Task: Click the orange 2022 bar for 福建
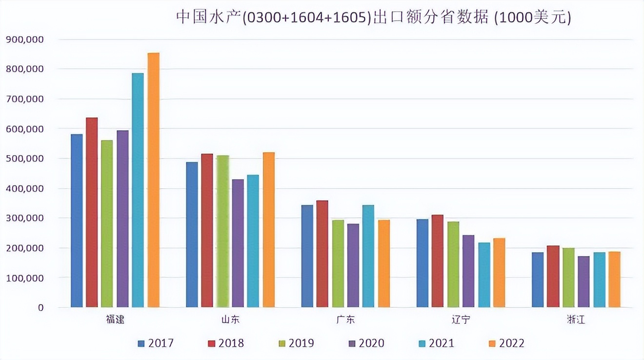click(153, 180)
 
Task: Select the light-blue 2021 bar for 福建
click(138, 190)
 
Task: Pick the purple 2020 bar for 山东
click(238, 243)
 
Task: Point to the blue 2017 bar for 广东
click(307, 256)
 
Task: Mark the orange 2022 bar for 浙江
click(614, 280)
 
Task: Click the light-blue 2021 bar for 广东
click(368, 256)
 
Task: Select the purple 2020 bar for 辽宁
click(468, 271)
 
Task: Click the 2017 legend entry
click(156, 343)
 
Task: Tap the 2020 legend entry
click(366, 343)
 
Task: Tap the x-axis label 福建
click(115, 320)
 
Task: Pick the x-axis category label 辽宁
click(461, 320)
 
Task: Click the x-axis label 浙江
click(576, 320)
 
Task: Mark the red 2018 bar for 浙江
click(553, 277)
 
